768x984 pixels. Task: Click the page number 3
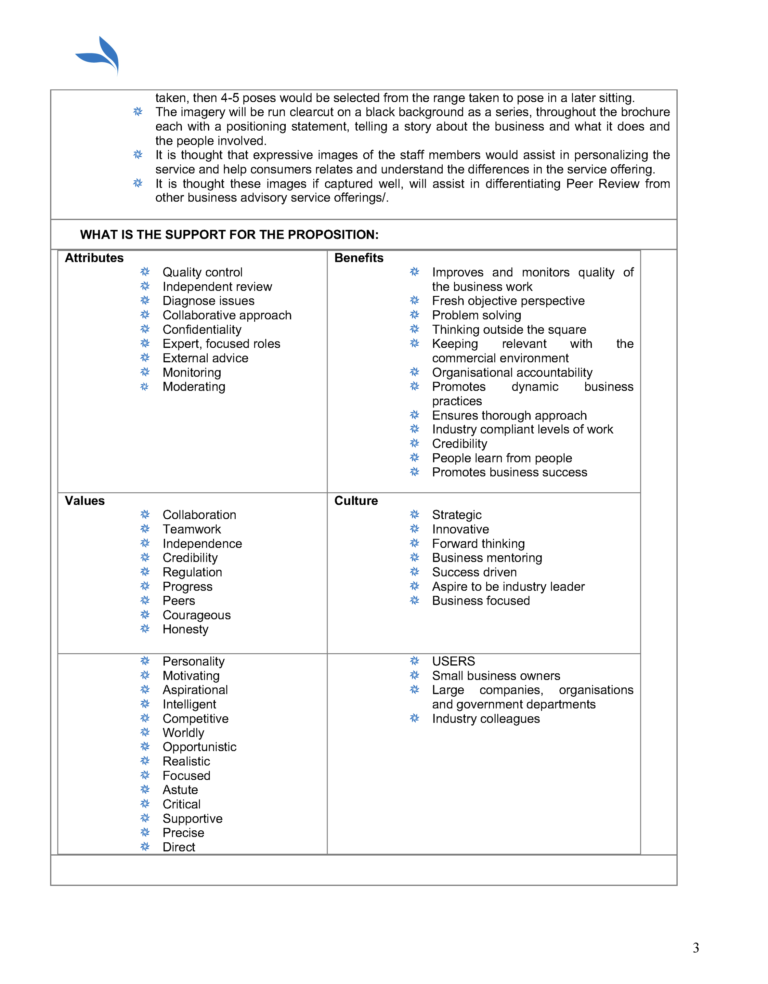[x=696, y=948]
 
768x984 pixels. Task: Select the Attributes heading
[x=94, y=258]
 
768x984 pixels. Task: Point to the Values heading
[x=85, y=501]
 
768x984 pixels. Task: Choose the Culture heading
[x=356, y=501]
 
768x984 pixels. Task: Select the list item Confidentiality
[x=202, y=329]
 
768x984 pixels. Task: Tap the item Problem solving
[x=476, y=315]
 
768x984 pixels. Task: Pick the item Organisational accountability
[x=512, y=372]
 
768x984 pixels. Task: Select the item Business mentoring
[x=487, y=558]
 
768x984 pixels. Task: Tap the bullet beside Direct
[x=145, y=847]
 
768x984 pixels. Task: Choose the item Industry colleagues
[x=486, y=718]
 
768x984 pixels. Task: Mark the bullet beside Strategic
[x=414, y=514]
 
